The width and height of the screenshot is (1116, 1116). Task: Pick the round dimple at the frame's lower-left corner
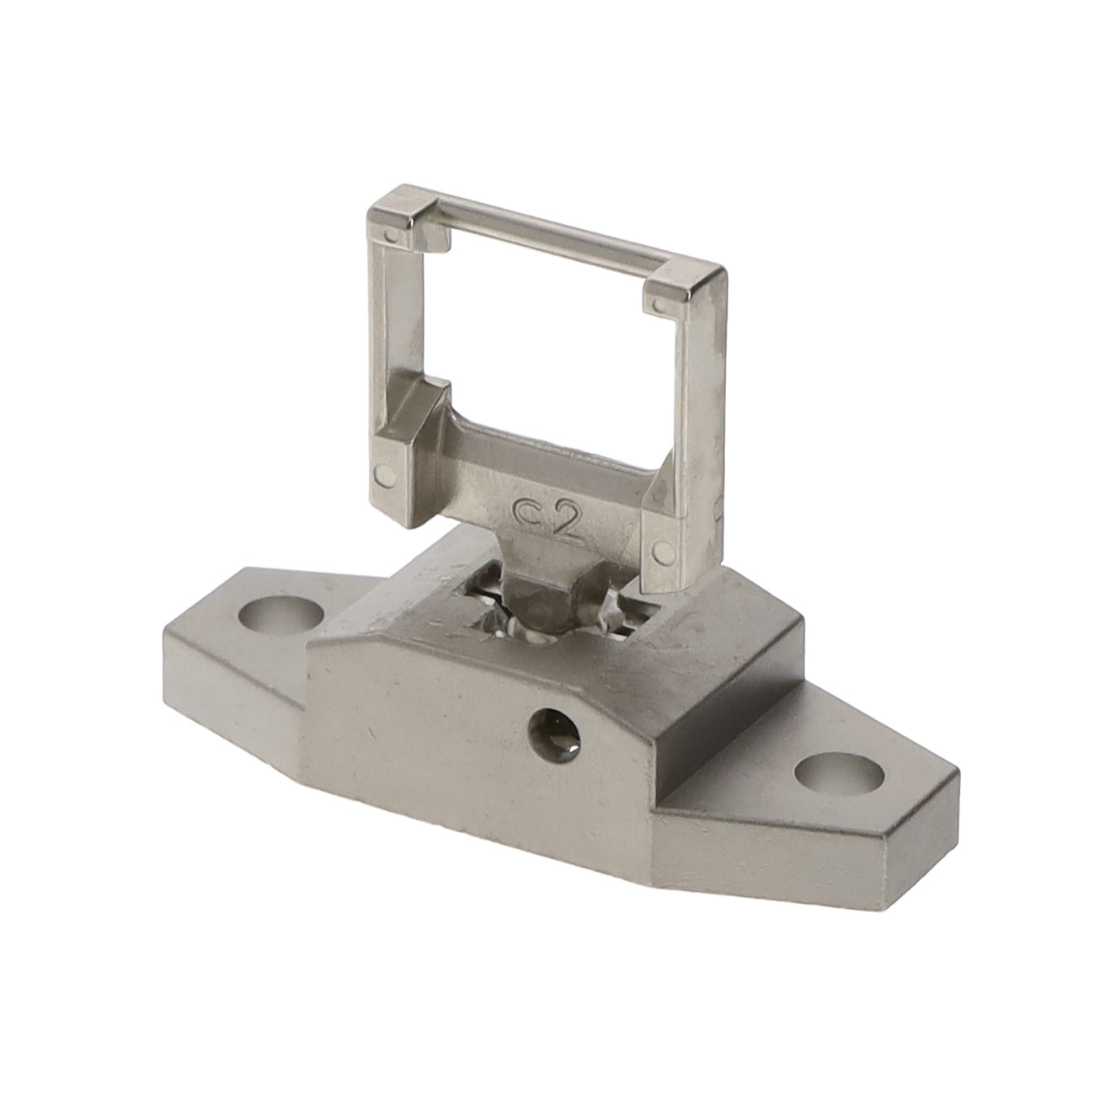click(384, 475)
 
